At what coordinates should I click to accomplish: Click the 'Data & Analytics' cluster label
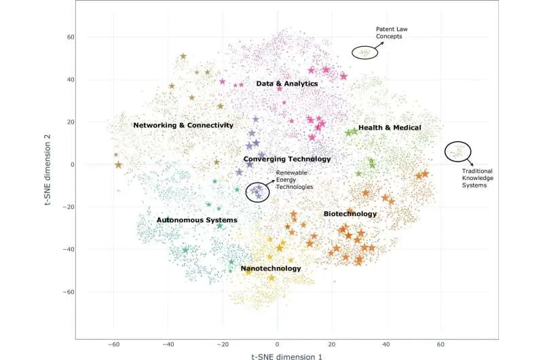click(286, 84)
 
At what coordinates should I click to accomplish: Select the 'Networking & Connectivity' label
click(183, 125)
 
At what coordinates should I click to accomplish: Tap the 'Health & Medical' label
click(390, 127)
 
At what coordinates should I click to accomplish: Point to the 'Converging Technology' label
click(286, 159)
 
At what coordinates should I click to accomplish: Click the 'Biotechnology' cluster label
click(350, 214)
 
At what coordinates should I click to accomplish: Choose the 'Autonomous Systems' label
click(197, 220)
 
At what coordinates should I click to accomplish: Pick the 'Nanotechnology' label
click(271, 268)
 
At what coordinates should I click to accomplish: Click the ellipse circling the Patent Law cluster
click(363, 52)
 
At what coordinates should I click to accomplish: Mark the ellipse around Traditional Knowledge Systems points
click(457, 151)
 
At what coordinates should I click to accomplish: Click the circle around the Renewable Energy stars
click(257, 192)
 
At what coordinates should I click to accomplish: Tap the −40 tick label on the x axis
click(168, 344)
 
